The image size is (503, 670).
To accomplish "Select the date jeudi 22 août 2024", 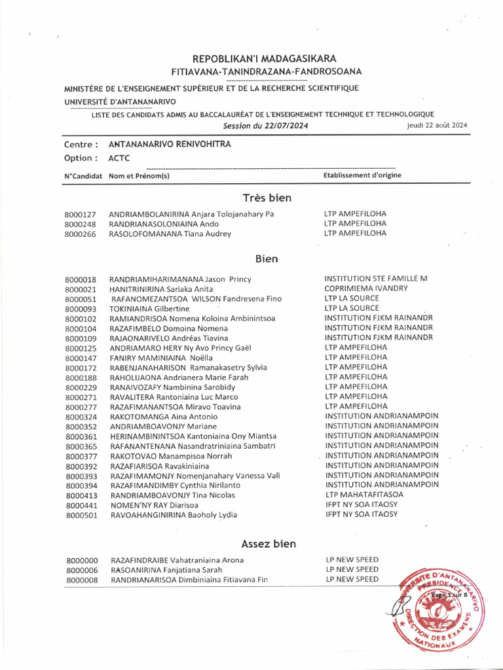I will point(436,126).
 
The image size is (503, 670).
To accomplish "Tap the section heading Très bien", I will point(267,198).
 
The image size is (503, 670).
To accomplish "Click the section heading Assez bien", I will point(268,544).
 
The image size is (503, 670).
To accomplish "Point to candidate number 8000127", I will point(81,215).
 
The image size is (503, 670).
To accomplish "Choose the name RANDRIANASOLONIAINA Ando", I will point(164,224).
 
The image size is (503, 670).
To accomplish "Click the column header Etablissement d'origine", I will point(362,175).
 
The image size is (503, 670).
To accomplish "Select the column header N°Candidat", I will point(83,176).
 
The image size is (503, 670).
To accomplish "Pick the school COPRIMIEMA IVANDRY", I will point(365,289).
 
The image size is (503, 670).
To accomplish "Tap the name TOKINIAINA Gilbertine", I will point(149,309).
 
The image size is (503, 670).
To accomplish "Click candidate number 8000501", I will point(81,515).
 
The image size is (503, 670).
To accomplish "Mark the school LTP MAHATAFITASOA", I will point(363,495).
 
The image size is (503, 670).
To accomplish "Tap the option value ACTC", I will point(119,158).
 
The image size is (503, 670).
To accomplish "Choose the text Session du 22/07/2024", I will point(265,126).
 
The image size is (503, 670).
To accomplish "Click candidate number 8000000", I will point(81,561).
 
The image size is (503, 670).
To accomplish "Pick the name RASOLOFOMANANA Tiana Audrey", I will point(170,234).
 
